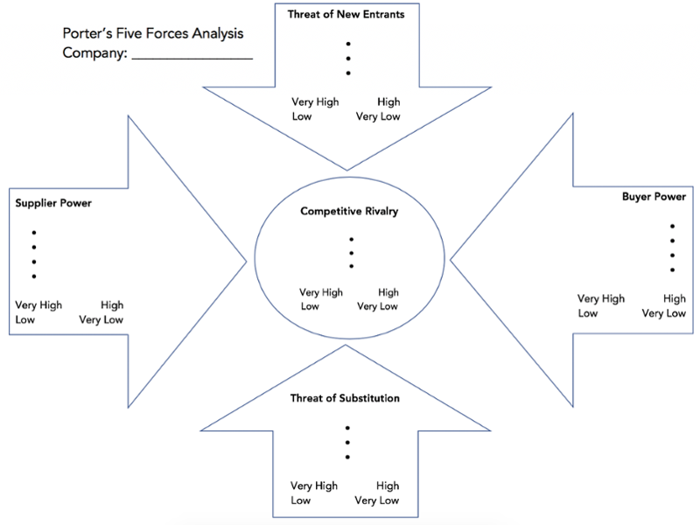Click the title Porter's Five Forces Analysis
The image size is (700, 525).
153,34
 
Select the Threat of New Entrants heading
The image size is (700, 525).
346,14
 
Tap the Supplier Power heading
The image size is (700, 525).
53,203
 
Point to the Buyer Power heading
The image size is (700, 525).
654,197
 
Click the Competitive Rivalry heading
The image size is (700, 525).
349,211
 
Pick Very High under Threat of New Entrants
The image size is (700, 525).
315,102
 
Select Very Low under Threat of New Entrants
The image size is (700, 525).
378,116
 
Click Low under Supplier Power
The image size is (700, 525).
26,319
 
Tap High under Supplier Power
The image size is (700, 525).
112,305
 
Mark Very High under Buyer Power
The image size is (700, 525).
601,298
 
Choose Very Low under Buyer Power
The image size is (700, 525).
664,313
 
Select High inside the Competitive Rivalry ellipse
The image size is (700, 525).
388,292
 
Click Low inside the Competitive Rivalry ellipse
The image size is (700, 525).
310,306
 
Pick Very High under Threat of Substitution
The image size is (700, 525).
314,486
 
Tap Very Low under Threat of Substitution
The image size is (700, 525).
377,500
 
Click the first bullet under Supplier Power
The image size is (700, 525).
34,232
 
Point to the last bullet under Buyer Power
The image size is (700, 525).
672,269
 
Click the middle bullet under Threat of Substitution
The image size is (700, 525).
347,443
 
